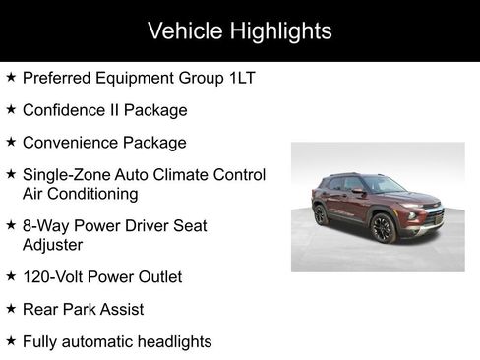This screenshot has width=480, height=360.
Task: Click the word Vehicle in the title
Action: coord(181,30)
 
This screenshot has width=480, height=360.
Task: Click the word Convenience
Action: coord(68,143)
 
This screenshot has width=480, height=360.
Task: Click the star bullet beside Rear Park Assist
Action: coord(10,309)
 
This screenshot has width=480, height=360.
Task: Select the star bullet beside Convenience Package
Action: coord(10,143)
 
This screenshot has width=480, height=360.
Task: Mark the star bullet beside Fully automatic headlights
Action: coord(10,341)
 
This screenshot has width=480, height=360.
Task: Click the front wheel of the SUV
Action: coord(383,228)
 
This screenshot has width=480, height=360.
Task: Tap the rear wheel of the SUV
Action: coord(320,214)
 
